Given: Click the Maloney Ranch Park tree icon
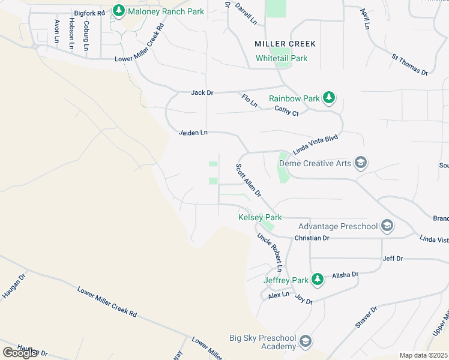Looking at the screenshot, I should click(119, 11).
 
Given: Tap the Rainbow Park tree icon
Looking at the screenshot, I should click(328, 97).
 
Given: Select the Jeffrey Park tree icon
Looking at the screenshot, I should click(318, 280).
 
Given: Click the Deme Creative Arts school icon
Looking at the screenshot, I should click(360, 163).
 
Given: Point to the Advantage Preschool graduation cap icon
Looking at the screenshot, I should click(387, 226).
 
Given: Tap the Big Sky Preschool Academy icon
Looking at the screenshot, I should click(306, 342).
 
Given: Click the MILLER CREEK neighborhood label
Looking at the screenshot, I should click(285, 44).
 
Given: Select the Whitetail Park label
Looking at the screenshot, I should click(282, 58).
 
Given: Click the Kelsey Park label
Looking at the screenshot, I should click(260, 217).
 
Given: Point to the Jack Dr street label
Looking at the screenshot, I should click(202, 92).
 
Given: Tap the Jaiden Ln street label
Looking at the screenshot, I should click(193, 132).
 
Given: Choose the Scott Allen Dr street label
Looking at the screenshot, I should click(249, 181).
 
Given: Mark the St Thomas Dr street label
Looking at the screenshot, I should click(409, 65).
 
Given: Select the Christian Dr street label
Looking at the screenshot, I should click(312, 238).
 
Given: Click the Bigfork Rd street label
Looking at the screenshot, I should click(89, 13).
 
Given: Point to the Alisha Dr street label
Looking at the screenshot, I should click(345, 274).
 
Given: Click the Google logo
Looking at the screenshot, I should click(20, 352).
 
